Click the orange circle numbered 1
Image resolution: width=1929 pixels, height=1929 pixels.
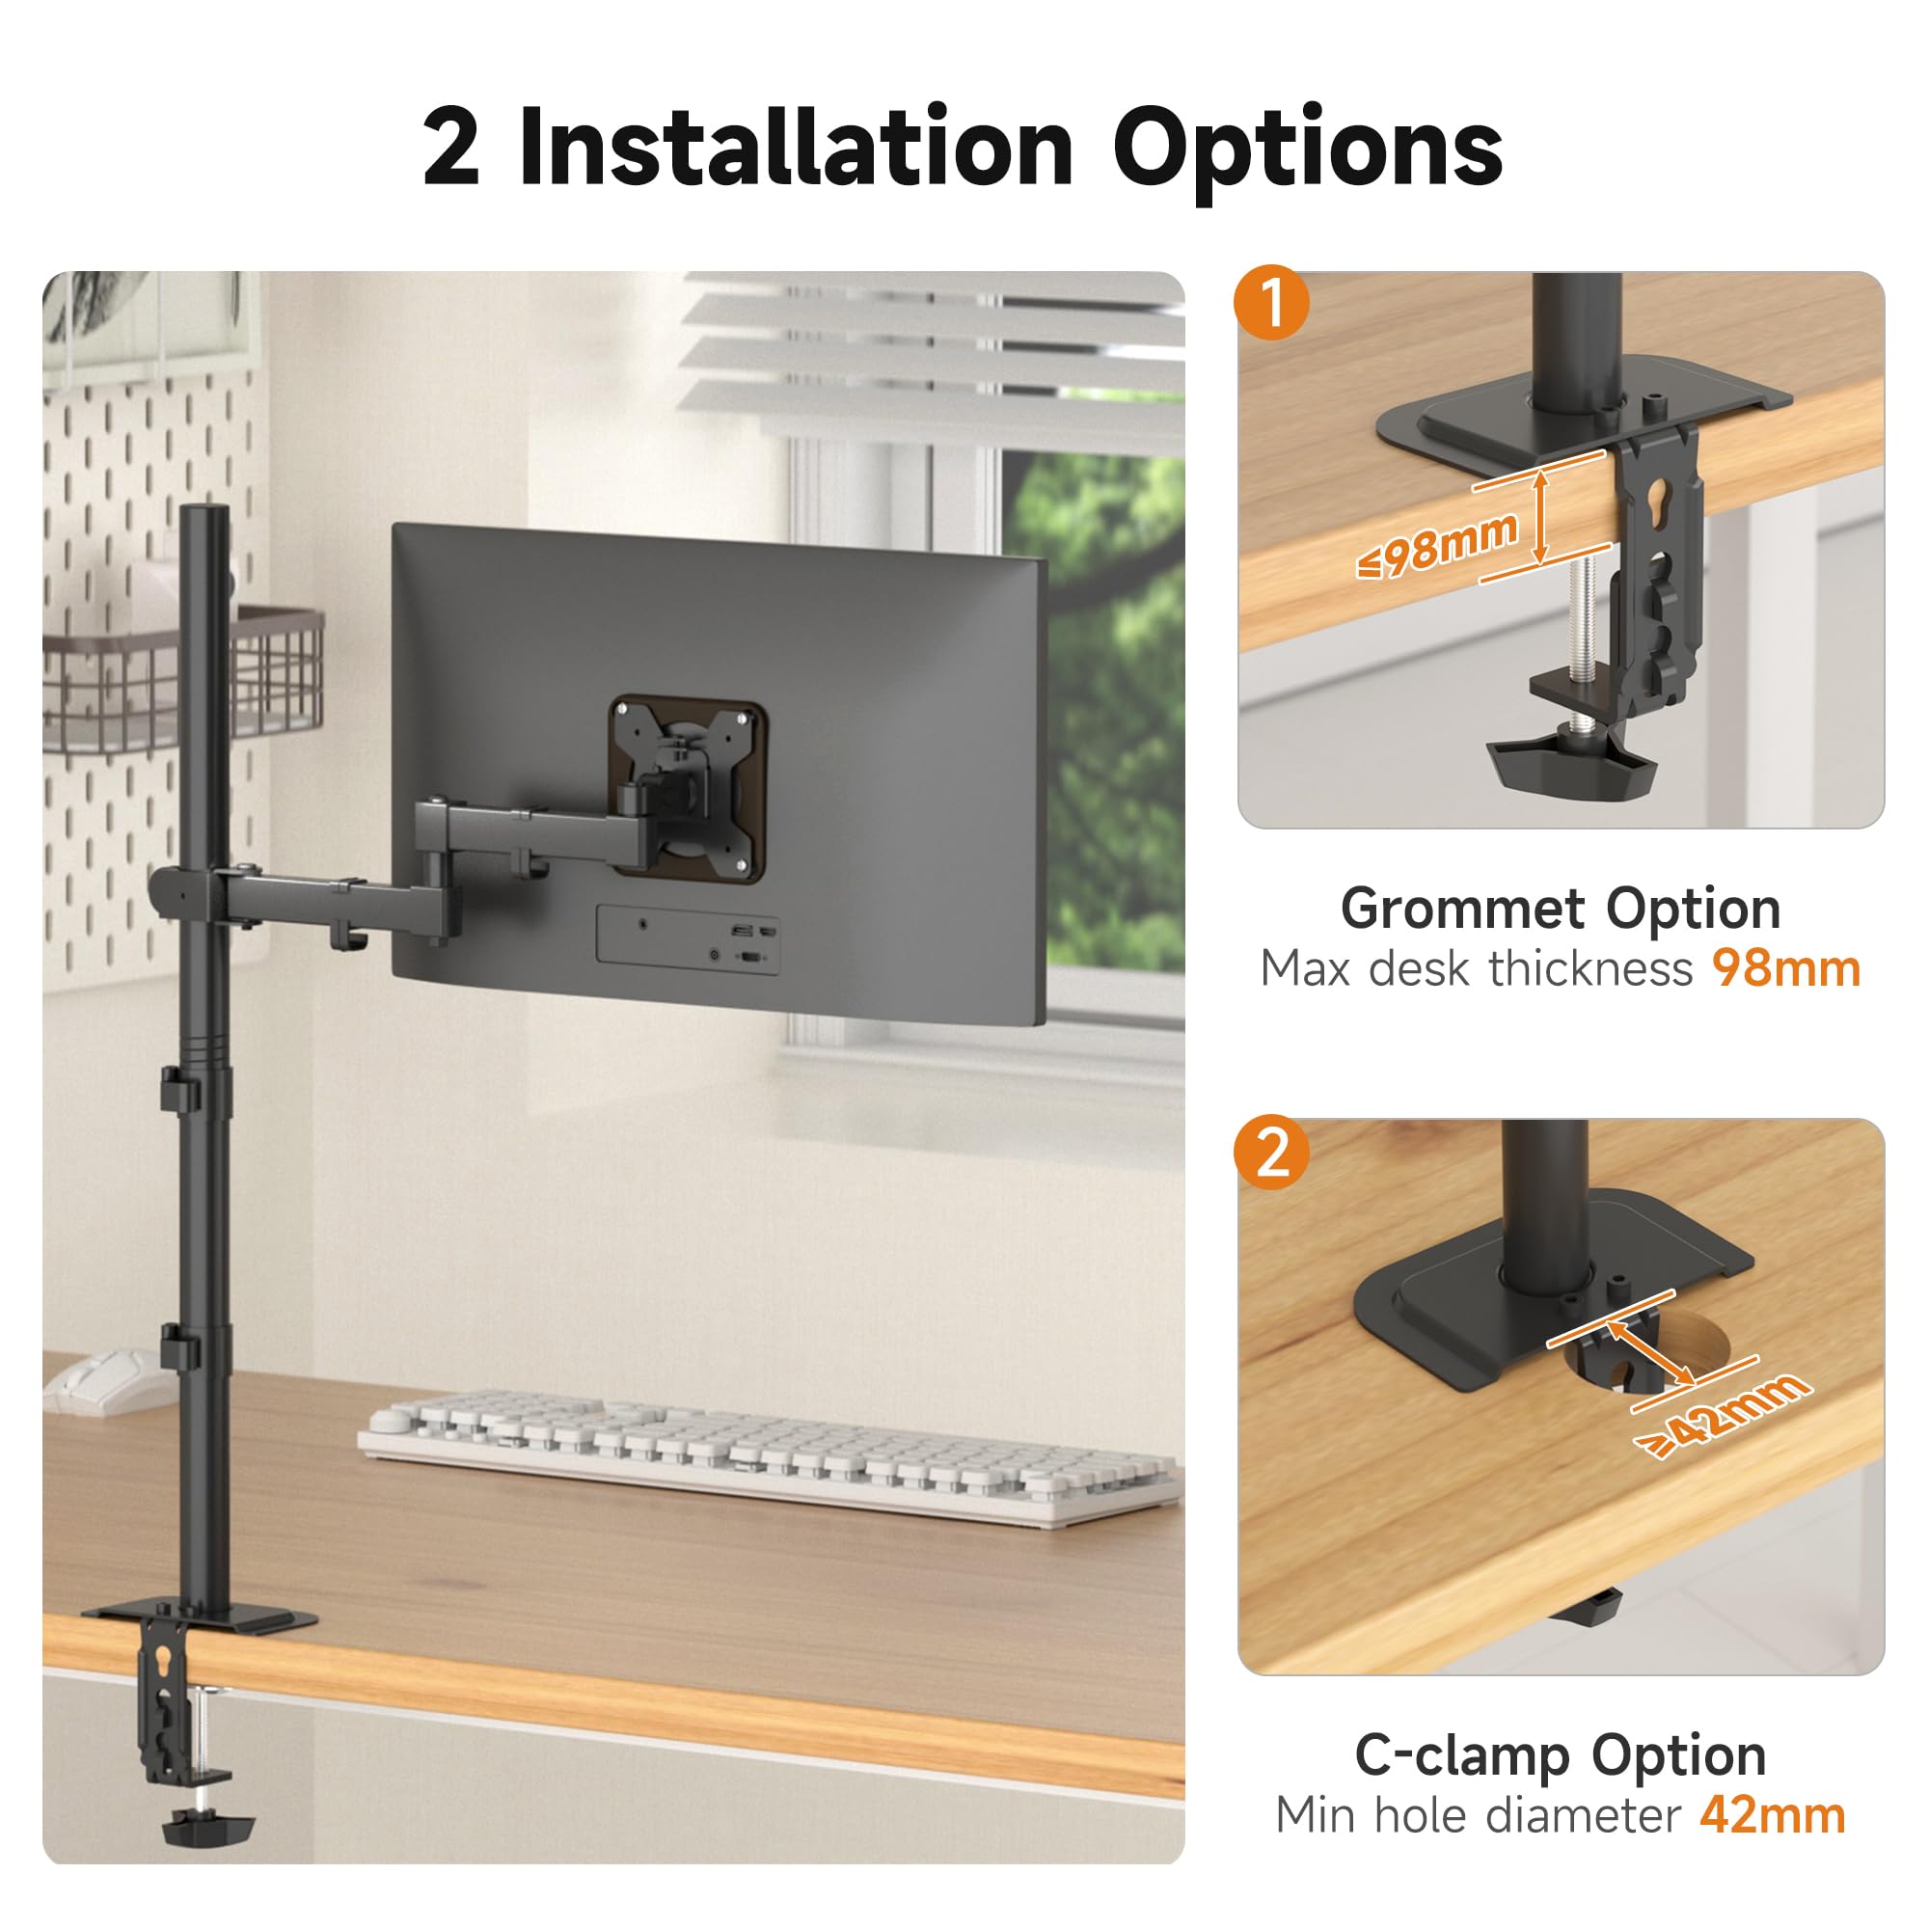1271,302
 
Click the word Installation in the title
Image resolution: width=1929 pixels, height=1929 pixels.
796,149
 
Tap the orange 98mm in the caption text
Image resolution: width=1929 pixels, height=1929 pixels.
1786,968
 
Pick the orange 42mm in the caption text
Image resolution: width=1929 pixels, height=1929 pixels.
1772,1815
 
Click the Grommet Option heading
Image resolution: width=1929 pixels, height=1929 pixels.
1561,910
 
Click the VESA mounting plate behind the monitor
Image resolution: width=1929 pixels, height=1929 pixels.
687,787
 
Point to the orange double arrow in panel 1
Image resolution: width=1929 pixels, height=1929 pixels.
1540,516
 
